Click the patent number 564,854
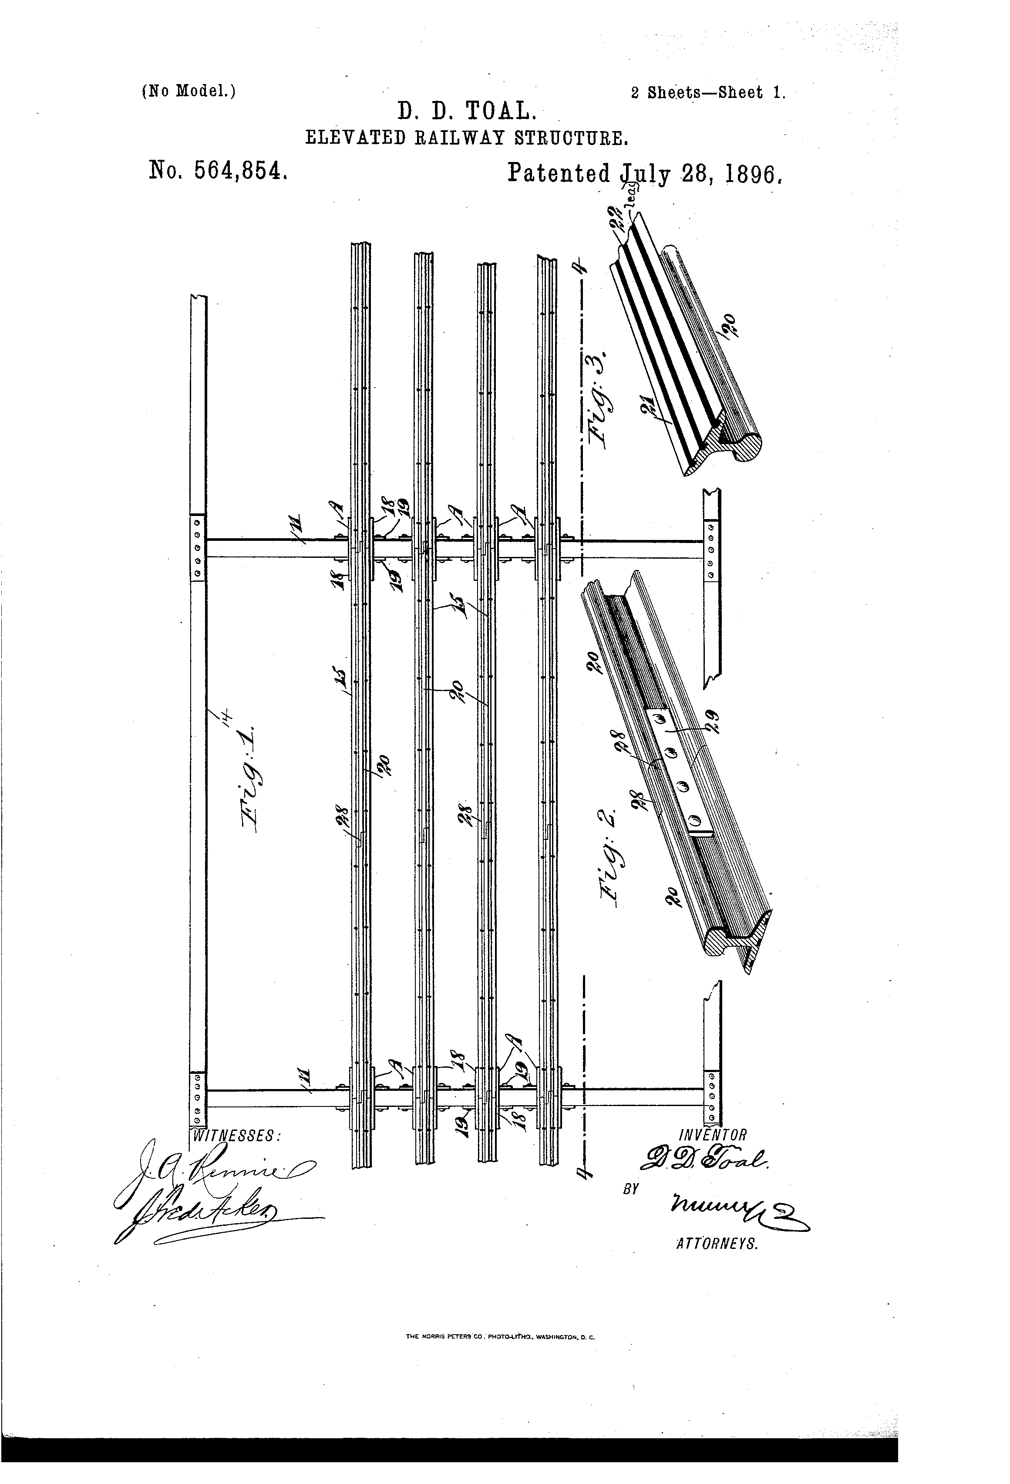[217, 172]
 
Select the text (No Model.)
[189, 91]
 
